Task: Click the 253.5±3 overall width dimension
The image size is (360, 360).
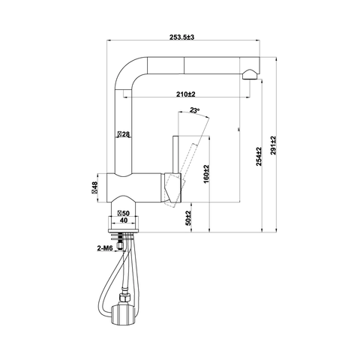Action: pyautogui.click(x=181, y=37)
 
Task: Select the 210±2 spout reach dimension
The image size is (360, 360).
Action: pyautogui.click(x=185, y=94)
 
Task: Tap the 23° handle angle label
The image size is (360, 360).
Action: pyautogui.click(x=194, y=109)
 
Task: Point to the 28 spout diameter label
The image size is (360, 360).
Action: pyautogui.click(x=124, y=134)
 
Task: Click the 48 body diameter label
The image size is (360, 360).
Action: pyautogui.click(x=94, y=187)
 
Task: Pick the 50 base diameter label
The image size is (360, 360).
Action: pyautogui.click(x=124, y=213)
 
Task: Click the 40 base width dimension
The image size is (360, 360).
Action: pyautogui.click(x=124, y=220)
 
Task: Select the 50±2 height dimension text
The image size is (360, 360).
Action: pyautogui.click(x=188, y=217)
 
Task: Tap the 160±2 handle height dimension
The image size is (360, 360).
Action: pyautogui.click(x=206, y=174)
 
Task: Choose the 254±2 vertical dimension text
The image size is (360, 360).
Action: pyautogui.click(x=259, y=157)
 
